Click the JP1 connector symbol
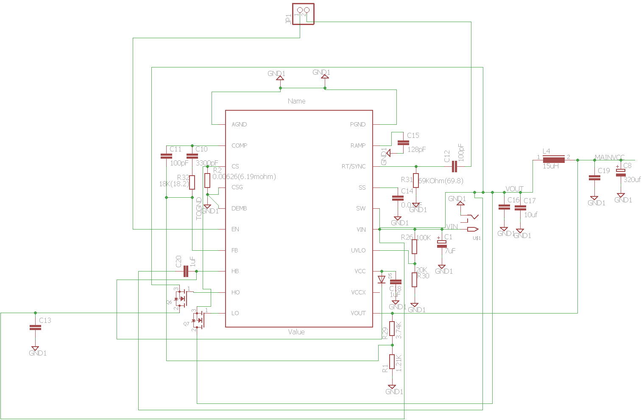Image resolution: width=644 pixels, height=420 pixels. (x=303, y=14)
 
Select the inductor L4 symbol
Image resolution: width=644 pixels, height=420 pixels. (x=554, y=160)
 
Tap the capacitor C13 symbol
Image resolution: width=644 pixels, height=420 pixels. (x=35, y=328)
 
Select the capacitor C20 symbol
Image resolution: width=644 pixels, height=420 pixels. (x=186, y=271)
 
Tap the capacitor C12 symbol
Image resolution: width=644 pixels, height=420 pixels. (x=454, y=166)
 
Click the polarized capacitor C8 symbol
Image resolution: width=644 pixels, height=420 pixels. (x=621, y=172)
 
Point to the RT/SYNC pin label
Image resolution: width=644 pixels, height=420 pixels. (x=353, y=166)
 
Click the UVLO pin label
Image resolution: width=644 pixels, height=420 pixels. (x=358, y=250)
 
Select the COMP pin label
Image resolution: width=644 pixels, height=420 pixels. (x=239, y=146)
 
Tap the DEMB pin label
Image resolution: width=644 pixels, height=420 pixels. (x=239, y=208)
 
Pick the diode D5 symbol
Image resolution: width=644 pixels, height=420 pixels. (x=382, y=280)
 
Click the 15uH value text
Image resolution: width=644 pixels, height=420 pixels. (x=551, y=166)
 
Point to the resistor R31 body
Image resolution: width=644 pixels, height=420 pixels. (x=416, y=180)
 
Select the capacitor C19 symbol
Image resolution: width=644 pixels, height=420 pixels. (x=594, y=178)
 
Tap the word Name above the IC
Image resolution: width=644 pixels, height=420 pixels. (x=296, y=101)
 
